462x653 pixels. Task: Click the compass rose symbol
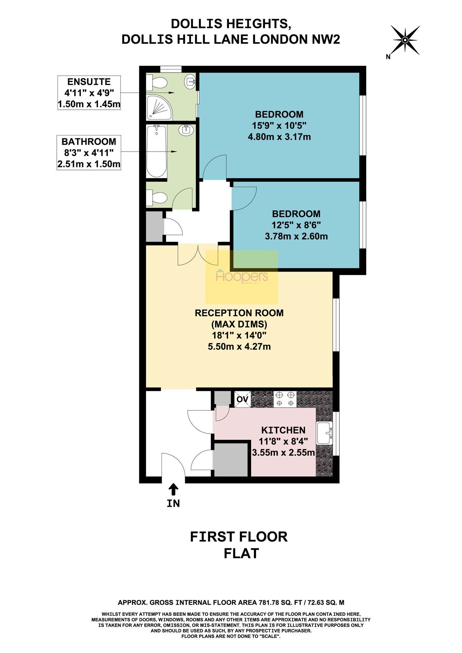[405, 40]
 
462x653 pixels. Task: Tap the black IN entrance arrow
[174, 489]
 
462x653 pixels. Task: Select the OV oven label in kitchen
[242, 399]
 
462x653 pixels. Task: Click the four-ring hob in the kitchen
[285, 399]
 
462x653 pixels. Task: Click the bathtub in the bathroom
[156, 151]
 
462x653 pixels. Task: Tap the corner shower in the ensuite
[159, 107]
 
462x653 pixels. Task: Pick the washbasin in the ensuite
[190, 81]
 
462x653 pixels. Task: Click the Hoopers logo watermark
[242, 277]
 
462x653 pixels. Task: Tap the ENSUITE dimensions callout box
[89, 93]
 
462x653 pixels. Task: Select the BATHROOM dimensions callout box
[89, 153]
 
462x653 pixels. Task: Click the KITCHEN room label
[283, 430]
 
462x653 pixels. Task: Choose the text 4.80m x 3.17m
[279, 137]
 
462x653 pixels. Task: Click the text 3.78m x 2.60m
[296, 236]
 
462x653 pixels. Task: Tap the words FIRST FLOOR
[239, 537]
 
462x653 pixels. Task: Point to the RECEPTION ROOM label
[239, 313]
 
